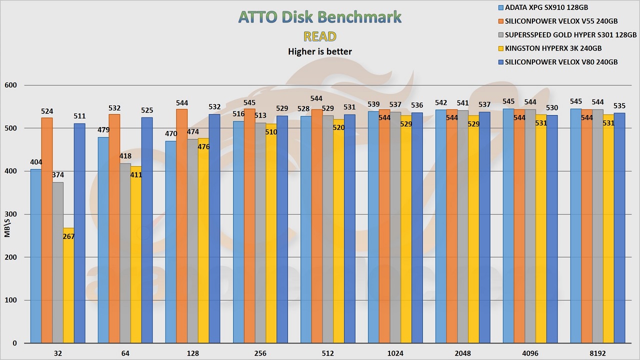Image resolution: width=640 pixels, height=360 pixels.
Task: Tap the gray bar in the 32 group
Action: point(58,262)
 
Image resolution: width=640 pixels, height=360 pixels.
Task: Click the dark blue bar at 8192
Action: point(620,228)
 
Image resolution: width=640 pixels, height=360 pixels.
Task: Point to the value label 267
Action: point(69,236)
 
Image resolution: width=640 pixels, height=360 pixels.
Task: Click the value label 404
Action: point(36,162)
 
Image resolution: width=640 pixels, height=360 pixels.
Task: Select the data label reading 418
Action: point(125,156)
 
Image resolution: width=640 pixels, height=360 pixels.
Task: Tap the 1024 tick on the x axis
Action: point(395,353)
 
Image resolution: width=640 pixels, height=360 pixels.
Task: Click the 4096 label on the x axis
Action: point(530,353)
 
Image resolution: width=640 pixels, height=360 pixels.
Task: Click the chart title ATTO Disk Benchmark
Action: point(320,17)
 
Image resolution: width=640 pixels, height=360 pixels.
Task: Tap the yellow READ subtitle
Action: point(320,36)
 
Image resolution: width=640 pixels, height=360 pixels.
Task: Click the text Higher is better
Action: point(320,51)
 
